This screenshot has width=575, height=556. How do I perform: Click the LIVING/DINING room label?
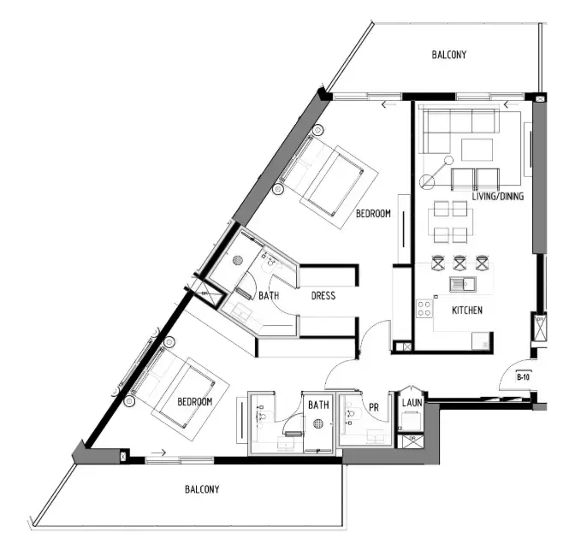[497, 197]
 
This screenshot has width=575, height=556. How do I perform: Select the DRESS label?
[323, 296]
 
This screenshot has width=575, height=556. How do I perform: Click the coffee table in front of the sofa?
[477, 150]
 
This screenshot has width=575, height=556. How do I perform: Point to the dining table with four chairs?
[453, 222]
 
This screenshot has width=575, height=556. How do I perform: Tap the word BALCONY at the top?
[448, 55]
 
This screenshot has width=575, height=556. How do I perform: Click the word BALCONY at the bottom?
[202, 490]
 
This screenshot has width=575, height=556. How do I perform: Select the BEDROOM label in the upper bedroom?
[373, 214]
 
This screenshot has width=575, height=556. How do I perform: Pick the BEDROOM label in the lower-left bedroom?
[194, 401]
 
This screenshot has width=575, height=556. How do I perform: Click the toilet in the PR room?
[350, 417]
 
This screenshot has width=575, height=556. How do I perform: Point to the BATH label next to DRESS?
[269, 296]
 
